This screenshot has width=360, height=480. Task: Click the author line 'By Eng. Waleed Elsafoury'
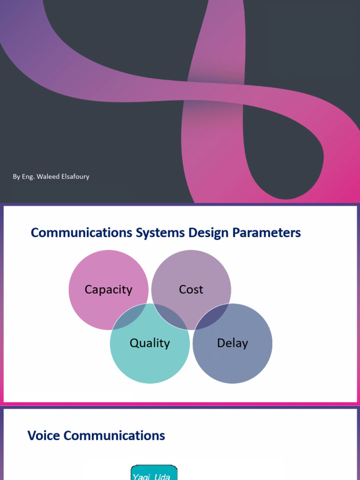pos(51,177)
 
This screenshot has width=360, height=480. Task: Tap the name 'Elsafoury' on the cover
pos(74,177)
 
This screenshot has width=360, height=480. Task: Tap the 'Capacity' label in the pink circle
pos(108,290)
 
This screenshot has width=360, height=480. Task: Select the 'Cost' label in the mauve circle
pos(191,290)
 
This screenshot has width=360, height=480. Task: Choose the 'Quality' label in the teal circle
pos(150,343)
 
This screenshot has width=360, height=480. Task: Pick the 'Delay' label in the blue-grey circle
pos(232,343)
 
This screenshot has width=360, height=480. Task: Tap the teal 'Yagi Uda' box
pos(154,473)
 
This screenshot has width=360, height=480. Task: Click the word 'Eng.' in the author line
pos(28,177)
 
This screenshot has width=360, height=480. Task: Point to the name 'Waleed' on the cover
pos(46,177)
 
